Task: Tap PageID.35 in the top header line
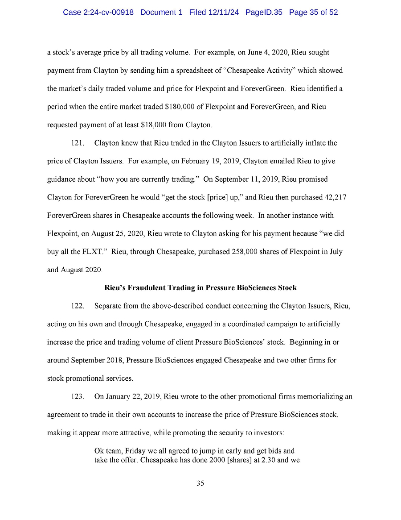[x=264, y=12]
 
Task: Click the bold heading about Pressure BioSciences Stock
[x=200, y=288]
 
